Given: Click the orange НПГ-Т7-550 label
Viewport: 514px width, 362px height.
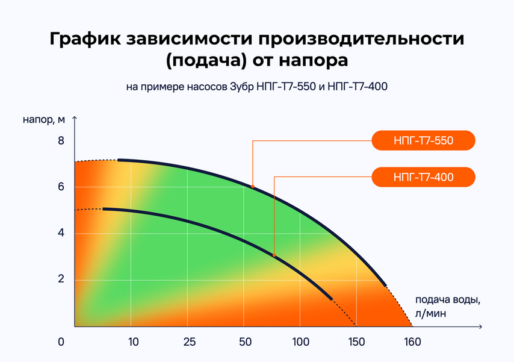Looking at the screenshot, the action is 423,140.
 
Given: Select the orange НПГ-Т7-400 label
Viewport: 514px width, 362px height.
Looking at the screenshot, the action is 423,177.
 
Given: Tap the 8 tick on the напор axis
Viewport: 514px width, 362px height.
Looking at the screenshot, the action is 61,141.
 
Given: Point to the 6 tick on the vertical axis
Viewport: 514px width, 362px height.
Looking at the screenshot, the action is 61,187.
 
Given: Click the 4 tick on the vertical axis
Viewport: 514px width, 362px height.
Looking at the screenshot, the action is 61,233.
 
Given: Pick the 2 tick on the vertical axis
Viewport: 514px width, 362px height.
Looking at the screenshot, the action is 61,279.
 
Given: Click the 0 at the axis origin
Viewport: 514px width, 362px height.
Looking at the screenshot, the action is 61,342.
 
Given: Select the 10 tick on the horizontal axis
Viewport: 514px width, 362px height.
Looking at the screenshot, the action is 134,342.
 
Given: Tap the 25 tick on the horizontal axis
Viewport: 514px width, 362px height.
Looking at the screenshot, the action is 190,342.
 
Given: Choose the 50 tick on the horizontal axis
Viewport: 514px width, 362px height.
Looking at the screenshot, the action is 245,342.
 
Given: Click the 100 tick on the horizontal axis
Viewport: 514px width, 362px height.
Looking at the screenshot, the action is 300,342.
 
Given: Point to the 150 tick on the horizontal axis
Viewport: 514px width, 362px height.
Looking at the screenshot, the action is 357,342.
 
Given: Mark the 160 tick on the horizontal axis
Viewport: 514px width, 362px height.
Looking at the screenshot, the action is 412,342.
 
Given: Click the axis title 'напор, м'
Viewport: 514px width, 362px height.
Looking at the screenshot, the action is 44,120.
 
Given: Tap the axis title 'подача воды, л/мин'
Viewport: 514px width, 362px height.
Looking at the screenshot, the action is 448,307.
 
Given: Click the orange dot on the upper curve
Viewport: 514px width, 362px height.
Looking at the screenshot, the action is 253,187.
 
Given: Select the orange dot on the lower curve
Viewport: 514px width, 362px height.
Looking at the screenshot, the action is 274,255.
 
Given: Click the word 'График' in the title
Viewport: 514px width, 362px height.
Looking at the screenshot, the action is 85,39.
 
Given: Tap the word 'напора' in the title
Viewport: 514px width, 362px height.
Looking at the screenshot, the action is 314,61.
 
